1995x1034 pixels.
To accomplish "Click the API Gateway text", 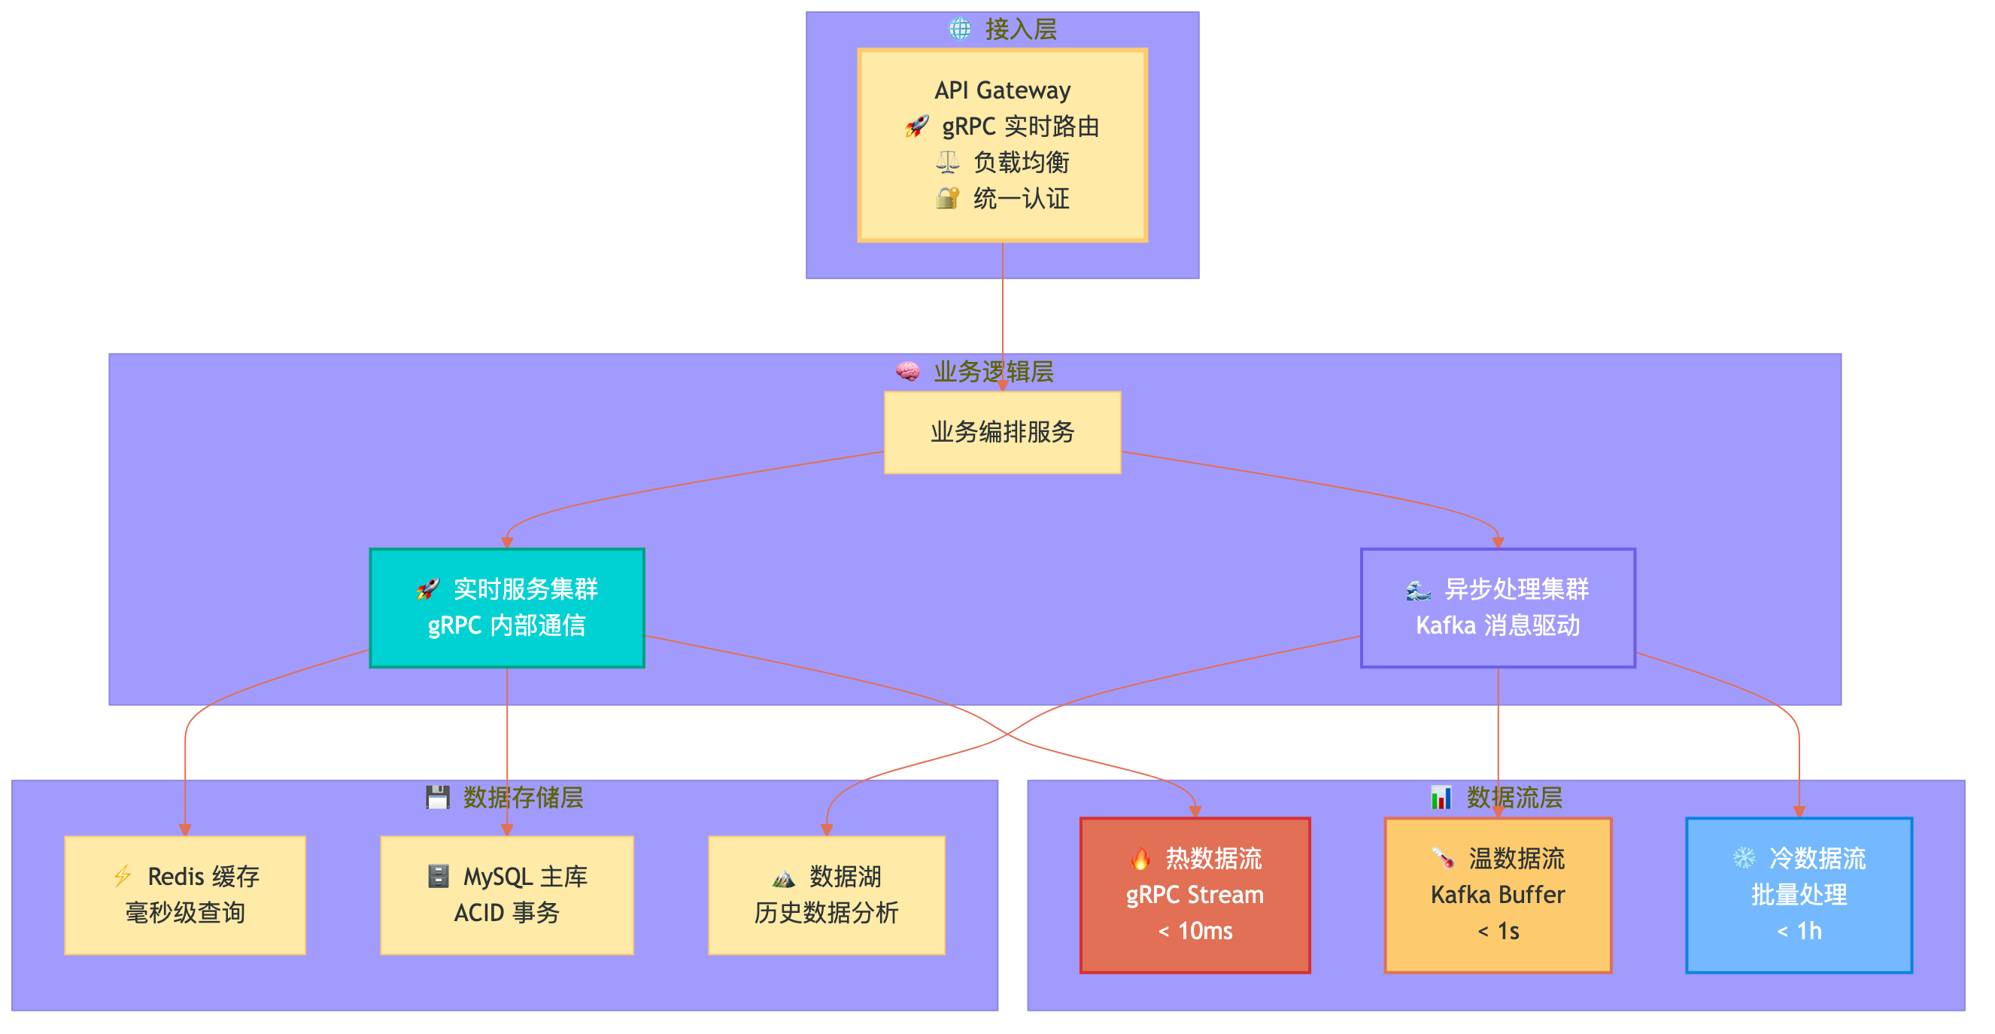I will [1002, 90].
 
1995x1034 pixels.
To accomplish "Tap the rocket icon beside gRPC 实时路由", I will [916, 126].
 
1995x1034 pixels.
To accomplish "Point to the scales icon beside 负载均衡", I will [947, 163].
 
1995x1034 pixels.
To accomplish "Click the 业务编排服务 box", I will [1002, 432].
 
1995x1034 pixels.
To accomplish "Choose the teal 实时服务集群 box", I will [506, 608].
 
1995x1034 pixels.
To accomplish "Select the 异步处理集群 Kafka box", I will [1497, 608].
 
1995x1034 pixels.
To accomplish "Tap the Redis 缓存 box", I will [185, 895].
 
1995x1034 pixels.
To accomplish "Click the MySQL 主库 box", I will [506, 895].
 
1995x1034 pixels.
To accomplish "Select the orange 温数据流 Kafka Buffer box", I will [1497, 895].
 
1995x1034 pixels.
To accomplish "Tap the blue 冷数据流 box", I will [1799, 895].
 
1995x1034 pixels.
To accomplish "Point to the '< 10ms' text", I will [1195, 931].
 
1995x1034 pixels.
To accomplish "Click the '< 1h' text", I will [1799, 931].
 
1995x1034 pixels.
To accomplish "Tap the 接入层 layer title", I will [1020, 29].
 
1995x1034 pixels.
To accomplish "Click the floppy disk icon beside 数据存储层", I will [438, 797].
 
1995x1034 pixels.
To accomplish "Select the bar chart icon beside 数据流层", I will [1441, 797].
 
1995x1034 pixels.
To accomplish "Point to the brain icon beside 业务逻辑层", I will [908, 372].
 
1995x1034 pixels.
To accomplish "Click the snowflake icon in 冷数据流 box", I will [1743, 858].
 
